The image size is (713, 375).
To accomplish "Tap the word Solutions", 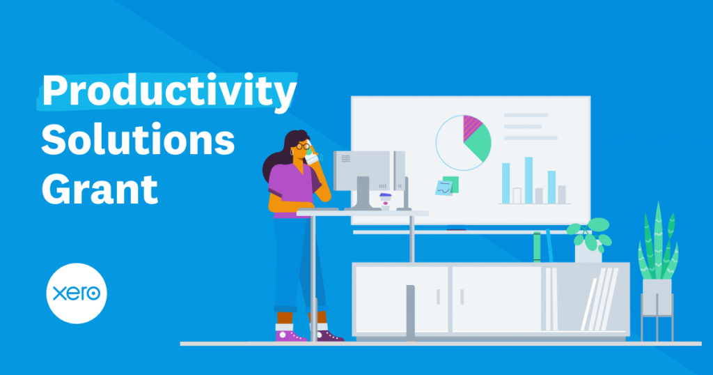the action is pyautogui.click(x=139, y=139).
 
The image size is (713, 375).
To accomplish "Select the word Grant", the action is pyautogui.click(x=100, y=189).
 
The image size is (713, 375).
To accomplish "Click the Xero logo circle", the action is pyautogui.click(x=77, y=293).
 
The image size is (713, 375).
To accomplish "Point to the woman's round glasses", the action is pyautogui.click(x=304, y=146).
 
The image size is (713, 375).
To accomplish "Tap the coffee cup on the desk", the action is pyautogui.click(x=385, y=201).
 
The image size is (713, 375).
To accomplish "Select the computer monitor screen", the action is pyautogui.click(x=363, y=171).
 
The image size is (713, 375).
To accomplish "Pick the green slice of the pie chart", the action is pyautogui.click(x=479, y=144).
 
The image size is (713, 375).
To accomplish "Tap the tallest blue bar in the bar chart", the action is pyautogui.click(x=528, y=181).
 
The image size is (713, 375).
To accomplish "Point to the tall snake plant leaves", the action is pyautogui.click(x=658, y=242).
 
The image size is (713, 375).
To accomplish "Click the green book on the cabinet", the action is pyautogui.click(x=537, y=247).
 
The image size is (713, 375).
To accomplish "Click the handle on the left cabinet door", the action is pyautogui.click(x=439, y=297).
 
